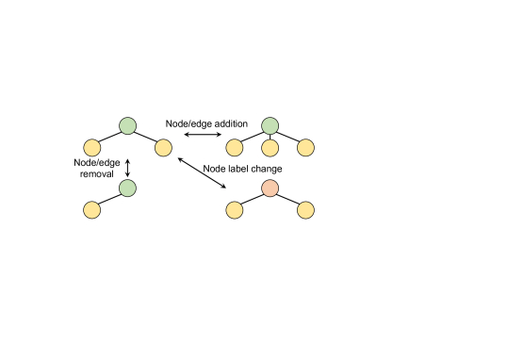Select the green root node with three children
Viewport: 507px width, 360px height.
tap(270, 124)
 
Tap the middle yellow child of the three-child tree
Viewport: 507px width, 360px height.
tap(270, 148)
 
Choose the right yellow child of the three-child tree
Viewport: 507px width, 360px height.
tap(305, 148)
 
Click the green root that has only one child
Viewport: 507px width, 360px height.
tap(127, 188)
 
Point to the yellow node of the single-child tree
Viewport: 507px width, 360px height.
tap(91, 209)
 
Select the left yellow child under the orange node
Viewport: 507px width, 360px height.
tap(234, 209)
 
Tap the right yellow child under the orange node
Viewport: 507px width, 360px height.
tap(305, 209)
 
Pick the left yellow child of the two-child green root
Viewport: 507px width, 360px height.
tap(91, 148)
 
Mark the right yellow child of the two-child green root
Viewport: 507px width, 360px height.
tap(163, 148)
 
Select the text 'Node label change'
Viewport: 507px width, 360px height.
tap(241, 168)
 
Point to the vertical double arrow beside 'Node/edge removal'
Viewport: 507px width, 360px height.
tap(127, 168)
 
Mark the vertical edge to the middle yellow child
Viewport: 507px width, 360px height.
tap(270, 137)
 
